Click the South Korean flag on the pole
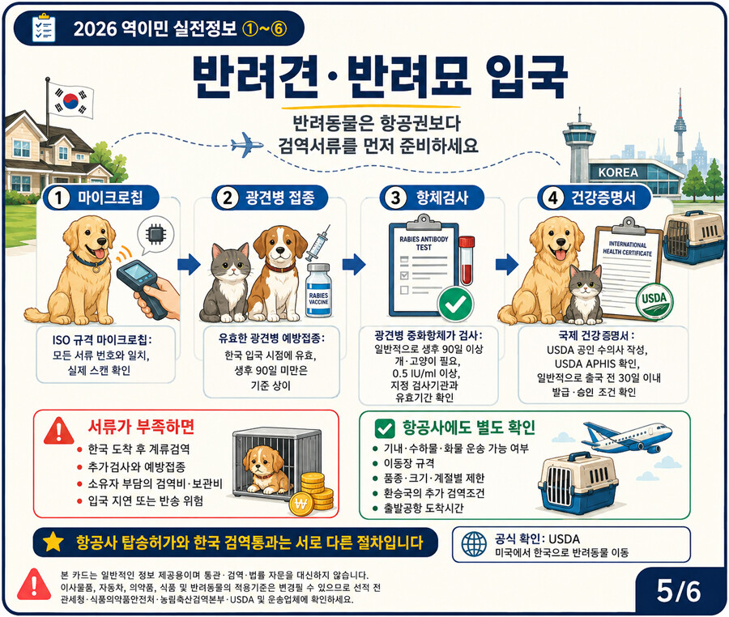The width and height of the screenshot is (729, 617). (x=71, y=100)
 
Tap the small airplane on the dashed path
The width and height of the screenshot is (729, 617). (x=247, y=144)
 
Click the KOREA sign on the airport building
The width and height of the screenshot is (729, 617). (x=618, y=172)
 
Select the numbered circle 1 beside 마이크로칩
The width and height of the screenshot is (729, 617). (x=58, y=198)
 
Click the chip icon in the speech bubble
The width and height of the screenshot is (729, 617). (x=156, y=234)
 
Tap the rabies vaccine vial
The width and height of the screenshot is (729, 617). (x=318, y=290)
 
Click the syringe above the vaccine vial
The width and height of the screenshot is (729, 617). (x=318, y=243)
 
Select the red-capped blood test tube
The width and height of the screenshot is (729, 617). (x=467, y=260)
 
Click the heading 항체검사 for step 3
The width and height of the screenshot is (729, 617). (x=441, y=198)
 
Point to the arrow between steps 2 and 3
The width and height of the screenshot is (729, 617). (x=354, y=264)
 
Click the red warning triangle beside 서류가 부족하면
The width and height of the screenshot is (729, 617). (x=58, y=431)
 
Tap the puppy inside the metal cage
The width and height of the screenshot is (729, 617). (x=264, y=470)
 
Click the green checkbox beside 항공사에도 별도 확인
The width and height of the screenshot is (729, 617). (x=385, y=428)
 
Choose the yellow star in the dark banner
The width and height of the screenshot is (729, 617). (x=53, y=542)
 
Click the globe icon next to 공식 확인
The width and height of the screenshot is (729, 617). (x=474, y=544)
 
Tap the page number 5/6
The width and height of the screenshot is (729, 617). (x=678, y=591)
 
